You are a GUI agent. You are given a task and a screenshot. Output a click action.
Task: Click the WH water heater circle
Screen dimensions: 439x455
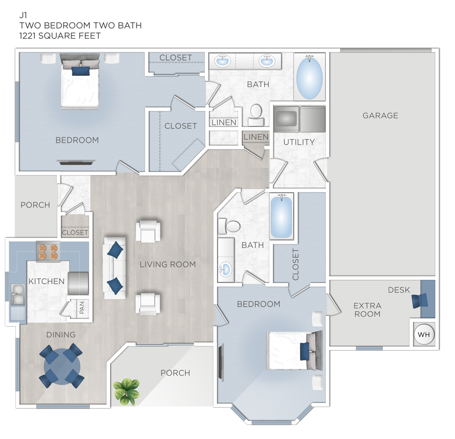click(x=423, y=334)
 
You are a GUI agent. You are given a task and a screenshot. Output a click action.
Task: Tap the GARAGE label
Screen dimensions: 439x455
click(x=380, y=116)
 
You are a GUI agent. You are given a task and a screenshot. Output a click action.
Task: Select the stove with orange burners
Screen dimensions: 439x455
click(x=48, y=251)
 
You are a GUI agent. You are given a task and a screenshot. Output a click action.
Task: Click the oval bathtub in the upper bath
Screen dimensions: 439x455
click(x=310, y=77)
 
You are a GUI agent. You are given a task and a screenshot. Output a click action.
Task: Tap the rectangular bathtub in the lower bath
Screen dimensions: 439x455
click(x=281, y=217)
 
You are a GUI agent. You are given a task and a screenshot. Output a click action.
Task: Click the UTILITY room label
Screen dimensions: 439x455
click(x=299, y=142)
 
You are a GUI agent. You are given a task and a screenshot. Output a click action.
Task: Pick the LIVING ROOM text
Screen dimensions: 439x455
click(x=167, y=264)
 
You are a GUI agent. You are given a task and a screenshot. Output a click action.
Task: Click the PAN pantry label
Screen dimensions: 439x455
click(x=82, y=308)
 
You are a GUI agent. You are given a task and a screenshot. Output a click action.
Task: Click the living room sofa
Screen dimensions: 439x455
click(x=115, y=267)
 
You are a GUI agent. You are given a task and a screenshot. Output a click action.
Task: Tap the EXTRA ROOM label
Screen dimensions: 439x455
click(x=367, y=310)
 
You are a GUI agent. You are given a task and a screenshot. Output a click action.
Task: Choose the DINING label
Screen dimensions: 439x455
click(x=61, y=335)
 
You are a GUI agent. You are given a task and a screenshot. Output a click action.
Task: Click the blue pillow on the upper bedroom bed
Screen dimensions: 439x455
click(x=80, y=71)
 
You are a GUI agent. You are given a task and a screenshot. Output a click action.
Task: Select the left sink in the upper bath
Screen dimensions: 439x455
click(x=223, y=61)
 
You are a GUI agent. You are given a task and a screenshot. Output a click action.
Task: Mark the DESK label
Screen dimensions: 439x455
click(x=398, y=290)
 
